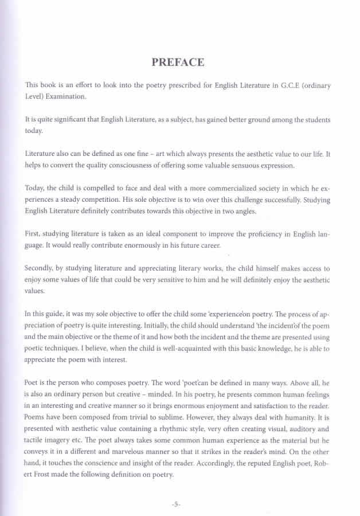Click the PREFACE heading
(178, 62)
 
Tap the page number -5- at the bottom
(176, 504)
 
